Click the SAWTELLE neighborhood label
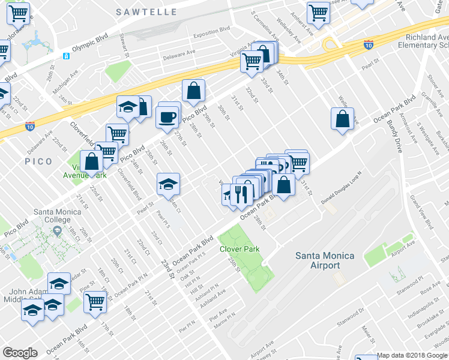click(x=146, y=12)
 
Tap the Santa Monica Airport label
click(x=325, y=260)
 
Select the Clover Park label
click(x=239, y=248)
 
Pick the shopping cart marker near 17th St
click(x=95, y=302)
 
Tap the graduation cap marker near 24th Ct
click(x=168, y=184)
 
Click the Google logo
click(x=20, y=353)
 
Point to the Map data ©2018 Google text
click(x=412, y=355)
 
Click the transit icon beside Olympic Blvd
click(x=66, y=56)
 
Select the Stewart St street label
click(x=124, y=44)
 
